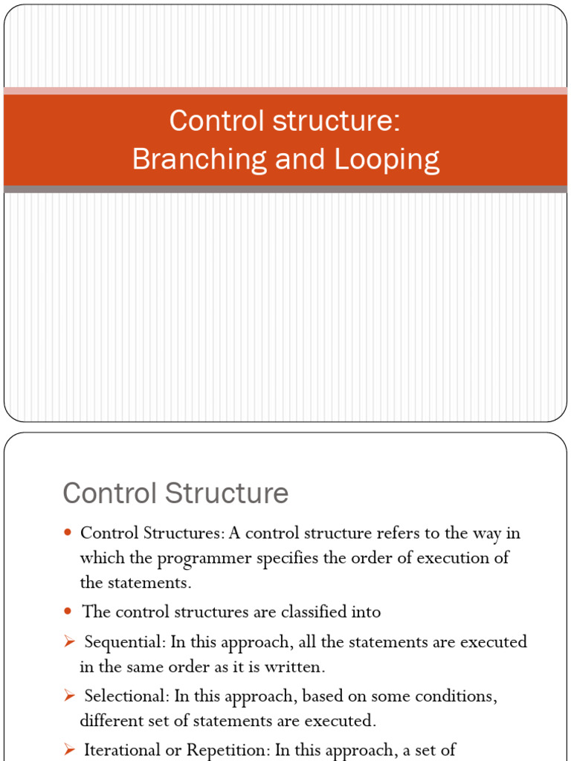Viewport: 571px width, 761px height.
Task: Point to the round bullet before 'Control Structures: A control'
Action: (x=68, y=533)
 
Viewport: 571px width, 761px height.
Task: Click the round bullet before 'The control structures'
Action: (x=68, y=612)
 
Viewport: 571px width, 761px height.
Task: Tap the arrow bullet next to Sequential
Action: (x=69, y=641)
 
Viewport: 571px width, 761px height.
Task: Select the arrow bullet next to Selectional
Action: (x=69, y=696)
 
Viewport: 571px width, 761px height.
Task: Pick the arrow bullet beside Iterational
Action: (x=69, y=750)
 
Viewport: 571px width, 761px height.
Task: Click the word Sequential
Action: (x=123, y=641)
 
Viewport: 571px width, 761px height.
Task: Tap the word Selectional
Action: (x=126, y=696)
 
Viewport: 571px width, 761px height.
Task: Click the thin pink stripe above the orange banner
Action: (x=285, y=91)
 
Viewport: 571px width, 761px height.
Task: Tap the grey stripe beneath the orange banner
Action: (x=285, y=190)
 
